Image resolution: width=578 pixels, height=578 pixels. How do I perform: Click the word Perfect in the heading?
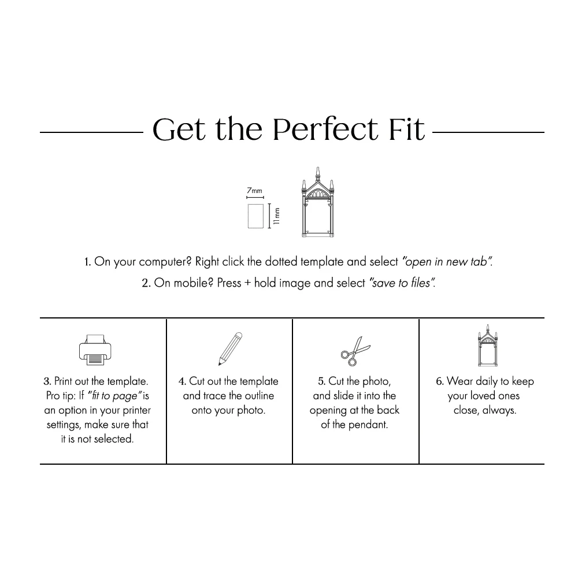(325, 129)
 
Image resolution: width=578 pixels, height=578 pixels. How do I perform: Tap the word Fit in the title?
(406, 129)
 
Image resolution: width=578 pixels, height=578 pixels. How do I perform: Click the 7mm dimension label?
(254, 191)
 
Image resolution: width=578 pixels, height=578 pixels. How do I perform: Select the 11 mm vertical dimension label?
(277, 216)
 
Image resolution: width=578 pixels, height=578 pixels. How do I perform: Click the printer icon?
(95, 350)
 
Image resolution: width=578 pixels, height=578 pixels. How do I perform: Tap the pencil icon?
(231, 349)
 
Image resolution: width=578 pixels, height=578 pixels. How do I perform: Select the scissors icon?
(355, 351)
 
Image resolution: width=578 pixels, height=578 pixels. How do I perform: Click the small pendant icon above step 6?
(488, 346)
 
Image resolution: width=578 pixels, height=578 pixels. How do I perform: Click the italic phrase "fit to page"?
(114, 396)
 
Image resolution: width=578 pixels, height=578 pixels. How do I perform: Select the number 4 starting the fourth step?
(181, 381)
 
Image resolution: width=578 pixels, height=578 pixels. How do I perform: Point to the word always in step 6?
(499, 410)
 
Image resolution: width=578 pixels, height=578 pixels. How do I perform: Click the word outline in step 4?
(259, 395)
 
